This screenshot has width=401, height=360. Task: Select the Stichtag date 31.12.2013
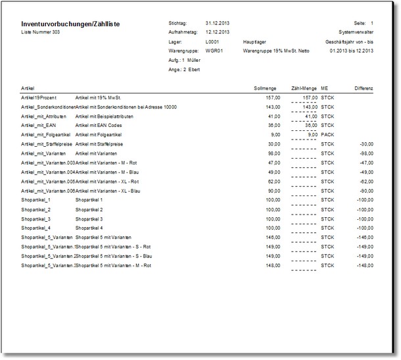tap(217, 22)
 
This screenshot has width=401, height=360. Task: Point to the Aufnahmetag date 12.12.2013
tap(217, 32)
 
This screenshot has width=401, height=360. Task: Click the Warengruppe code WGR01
tap(214, 49)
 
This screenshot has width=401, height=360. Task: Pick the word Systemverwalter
tap(356, 32)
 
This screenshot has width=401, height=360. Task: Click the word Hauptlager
tap(255, 41)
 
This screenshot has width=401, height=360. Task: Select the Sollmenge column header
tap(266, 88)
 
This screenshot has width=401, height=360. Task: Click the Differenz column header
tap(364, 88)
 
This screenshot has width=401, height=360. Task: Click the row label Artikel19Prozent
tap(38, 97)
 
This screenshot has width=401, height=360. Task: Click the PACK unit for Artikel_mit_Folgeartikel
tap(328, 134)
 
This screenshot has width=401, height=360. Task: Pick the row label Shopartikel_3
tap(36, 219)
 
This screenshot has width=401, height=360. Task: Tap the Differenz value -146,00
tap(363, 237)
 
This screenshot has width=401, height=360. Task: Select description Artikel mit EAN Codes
tap(98, 125)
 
